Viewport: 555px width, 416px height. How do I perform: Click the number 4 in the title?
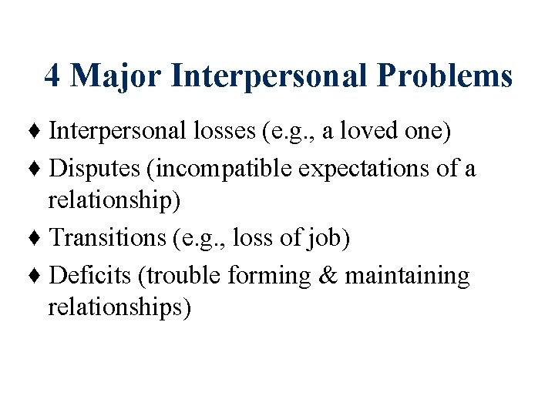52,76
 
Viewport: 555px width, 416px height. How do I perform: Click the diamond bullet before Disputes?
38,169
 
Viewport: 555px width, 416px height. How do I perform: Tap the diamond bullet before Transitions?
38,240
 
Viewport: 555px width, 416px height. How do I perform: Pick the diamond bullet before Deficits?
38,277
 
